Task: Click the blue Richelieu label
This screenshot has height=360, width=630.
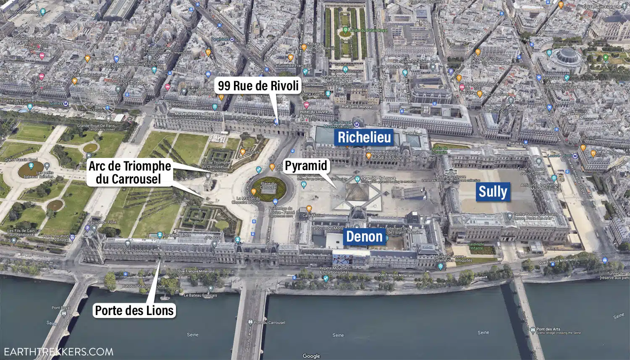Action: click(x=364, y=137)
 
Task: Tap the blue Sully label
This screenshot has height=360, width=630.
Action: click(x=493, y=192)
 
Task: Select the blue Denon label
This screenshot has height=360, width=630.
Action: click(x=364, y=236)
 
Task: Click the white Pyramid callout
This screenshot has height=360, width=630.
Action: click(x=306, y=166)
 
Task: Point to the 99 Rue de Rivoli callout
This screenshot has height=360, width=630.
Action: click(x=258, y=86)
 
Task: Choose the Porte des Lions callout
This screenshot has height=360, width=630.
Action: click(x=134, y=310)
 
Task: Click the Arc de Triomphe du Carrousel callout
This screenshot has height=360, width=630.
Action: click(x=129, y=173)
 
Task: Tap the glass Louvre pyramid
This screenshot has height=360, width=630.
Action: click(x=357, y=193)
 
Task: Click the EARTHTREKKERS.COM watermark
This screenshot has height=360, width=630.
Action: click(x=57, y=352)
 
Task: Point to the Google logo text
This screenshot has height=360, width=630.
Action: click(x=311, y=356)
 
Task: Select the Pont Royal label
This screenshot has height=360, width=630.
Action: click(x=61, y=308)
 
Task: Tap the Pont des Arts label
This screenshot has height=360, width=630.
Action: click(x=548, y=329)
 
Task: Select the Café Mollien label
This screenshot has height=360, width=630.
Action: click(x=313, y=215)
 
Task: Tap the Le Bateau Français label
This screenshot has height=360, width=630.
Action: click(x=200, y=295)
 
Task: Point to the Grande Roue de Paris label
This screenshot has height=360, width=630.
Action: click(x=95, y=126)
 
